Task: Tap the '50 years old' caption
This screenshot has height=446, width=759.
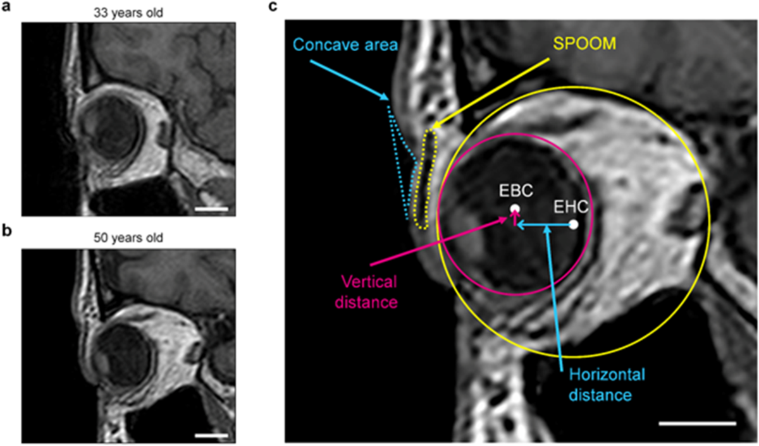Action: [x=128, y=238]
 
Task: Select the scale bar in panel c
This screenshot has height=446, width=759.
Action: [x=697, y=423]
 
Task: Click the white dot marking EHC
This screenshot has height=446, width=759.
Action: [x=573, y=224]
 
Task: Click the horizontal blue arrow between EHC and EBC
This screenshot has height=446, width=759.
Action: [x=544, y=224]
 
